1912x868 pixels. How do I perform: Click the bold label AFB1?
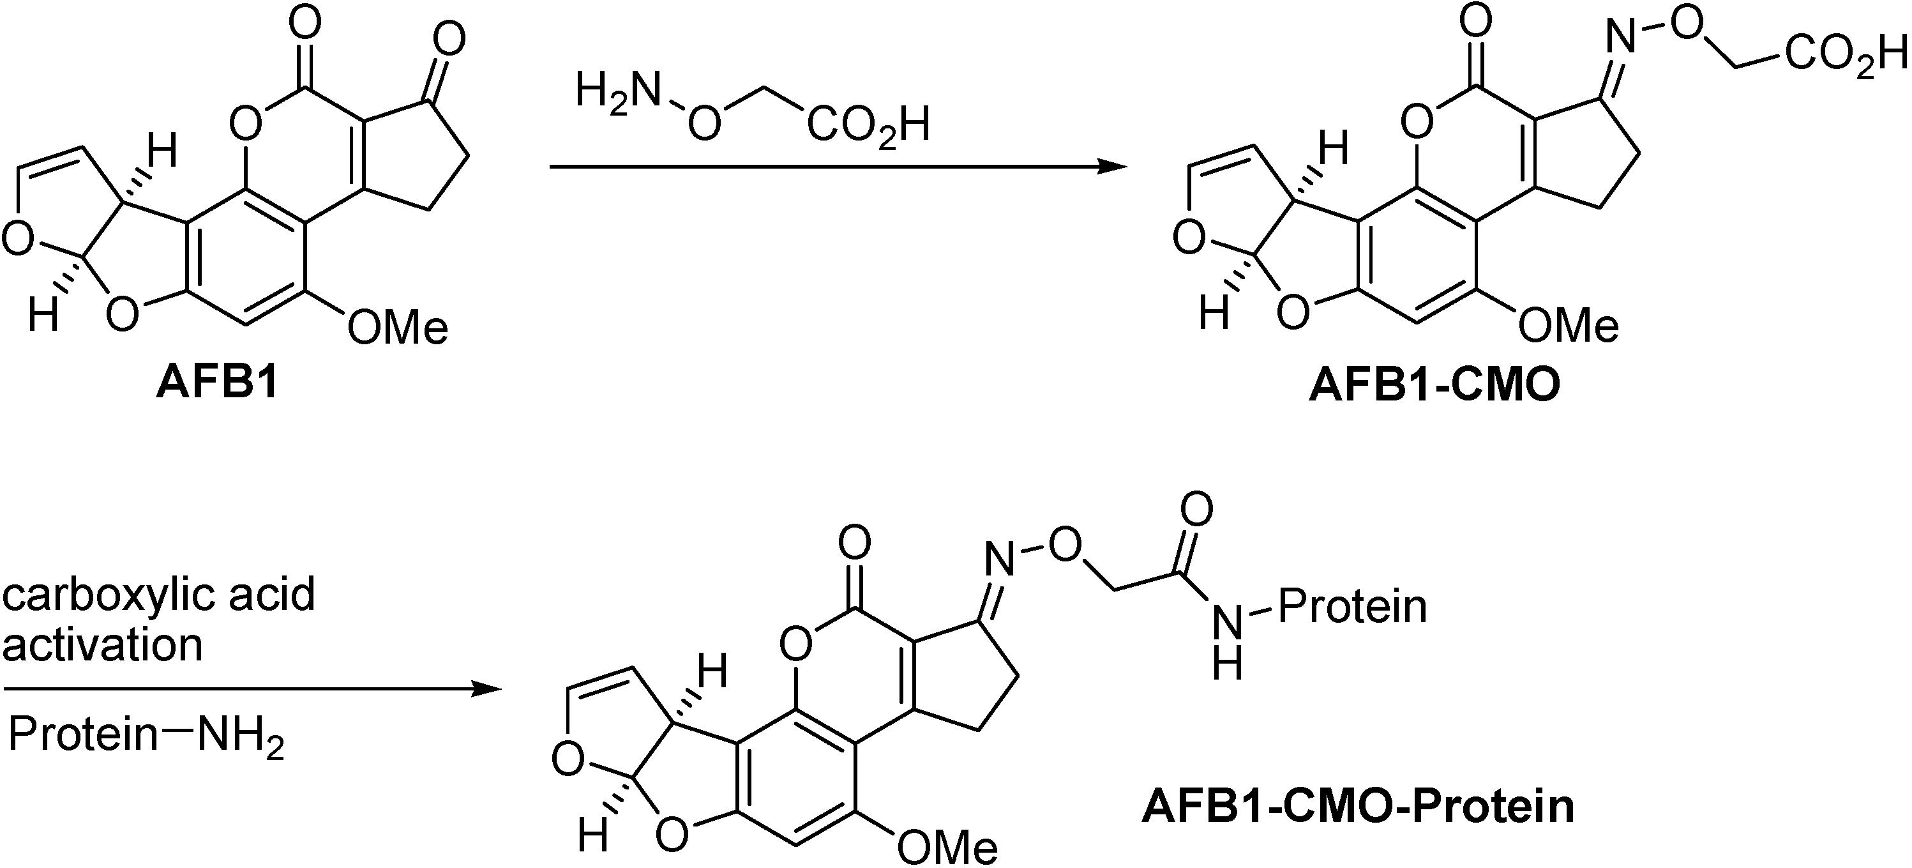[x=216, y=385]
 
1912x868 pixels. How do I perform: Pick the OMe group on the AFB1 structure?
[x=398, y=327]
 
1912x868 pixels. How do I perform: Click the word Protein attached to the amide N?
[x=1351, y=607]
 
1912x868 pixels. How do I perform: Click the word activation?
[x=102, y=644]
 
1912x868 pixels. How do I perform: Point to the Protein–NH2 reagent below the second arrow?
[x=146, y=736]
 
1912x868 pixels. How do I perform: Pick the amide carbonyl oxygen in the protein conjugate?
[x=1196, y=508]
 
